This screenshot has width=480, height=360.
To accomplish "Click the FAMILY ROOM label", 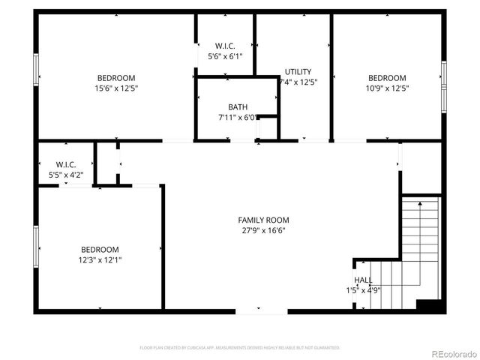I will [x=263, y=220].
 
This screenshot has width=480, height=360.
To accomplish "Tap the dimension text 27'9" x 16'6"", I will [x=263, y=230].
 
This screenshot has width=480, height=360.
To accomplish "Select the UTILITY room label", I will [x=298, y=72].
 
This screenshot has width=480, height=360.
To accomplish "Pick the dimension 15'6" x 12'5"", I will [x=116, y=88].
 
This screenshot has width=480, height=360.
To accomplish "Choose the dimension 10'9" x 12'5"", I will [x=387, y=88].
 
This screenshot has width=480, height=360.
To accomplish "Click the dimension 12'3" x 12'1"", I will [x=100, y=260].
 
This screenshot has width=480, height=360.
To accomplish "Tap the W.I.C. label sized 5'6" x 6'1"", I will [x=225, y=46].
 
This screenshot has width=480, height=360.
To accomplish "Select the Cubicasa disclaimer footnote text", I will [x=240, y=348].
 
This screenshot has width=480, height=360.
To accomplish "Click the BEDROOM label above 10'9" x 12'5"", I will [x=387, y=78].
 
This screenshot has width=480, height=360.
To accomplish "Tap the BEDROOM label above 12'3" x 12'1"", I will [x=100, y=250].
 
